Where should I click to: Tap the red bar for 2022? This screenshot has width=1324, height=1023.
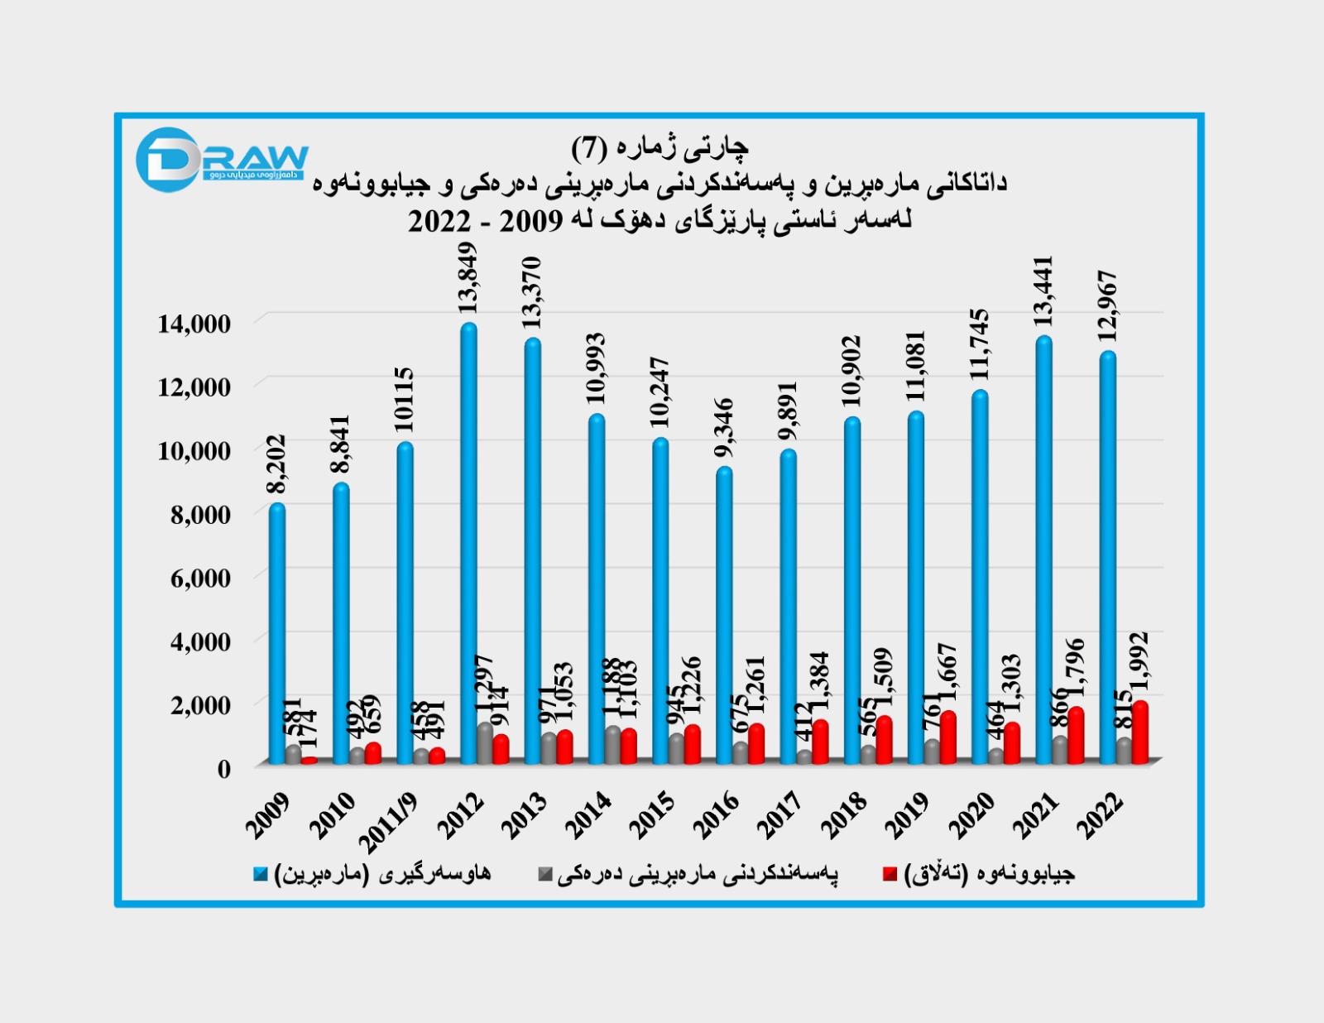coord(1139,732)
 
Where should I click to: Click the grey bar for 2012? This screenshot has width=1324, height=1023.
coord(484,742)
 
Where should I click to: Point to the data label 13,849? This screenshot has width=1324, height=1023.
coord(468,278)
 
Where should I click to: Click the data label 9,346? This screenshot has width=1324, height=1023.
coord(724,428)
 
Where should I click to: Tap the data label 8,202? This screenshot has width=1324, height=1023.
coord(276,464)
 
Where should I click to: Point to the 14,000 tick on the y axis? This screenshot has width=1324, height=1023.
coord(194,324)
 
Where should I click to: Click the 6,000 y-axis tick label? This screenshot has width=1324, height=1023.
coord(200,578)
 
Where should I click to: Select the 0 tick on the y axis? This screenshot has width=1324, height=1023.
coord(223,768)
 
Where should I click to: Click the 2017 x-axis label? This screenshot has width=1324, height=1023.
coord(780,814)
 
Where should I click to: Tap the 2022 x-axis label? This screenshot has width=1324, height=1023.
coord(1099,814)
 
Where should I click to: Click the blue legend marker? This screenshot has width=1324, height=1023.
coord(261,874)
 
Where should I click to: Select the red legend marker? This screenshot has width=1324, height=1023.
coord(890,874)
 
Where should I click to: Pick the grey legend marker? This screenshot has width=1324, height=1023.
coord(544,874)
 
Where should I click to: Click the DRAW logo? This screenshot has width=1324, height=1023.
coord(221,160)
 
